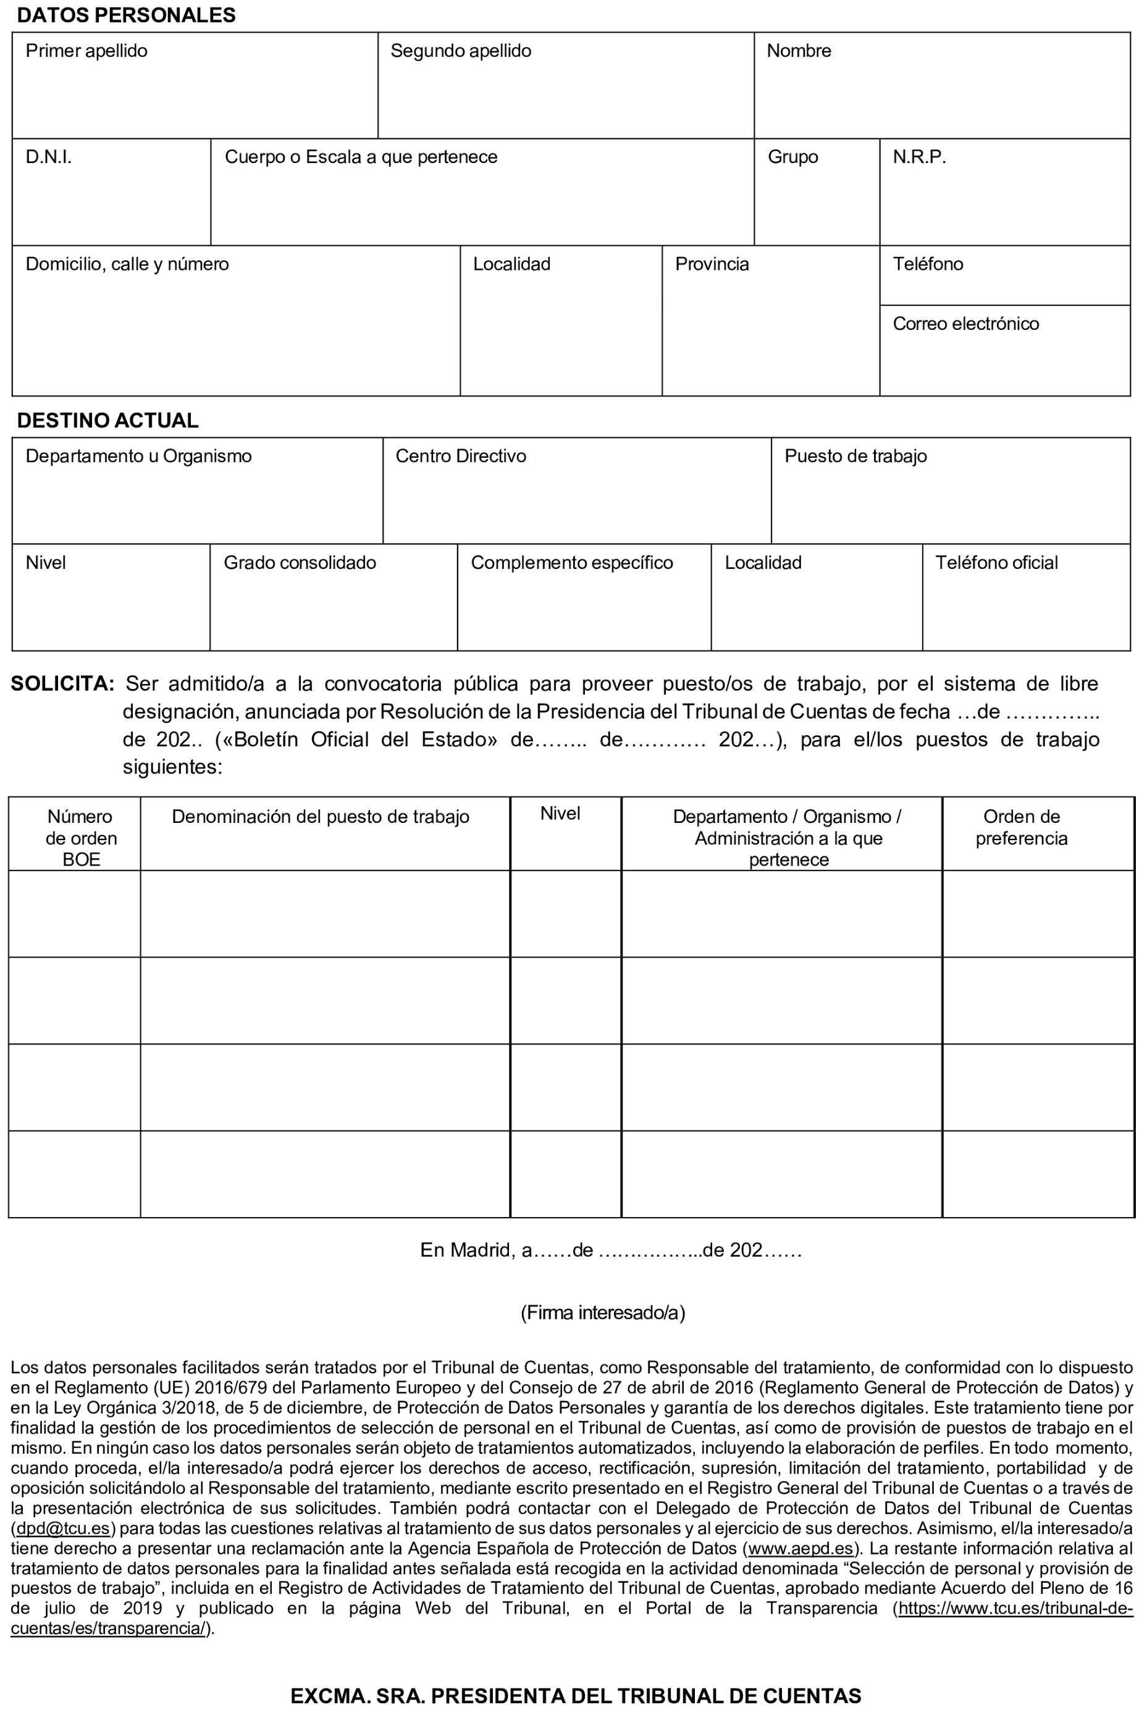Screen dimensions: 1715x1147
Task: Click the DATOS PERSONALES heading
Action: [126, 15]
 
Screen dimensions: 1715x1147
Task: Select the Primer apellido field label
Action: [86, 51]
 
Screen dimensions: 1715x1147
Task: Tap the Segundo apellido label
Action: [460, 51]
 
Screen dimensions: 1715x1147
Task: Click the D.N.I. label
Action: [48, 158]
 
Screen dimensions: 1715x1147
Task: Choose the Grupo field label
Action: [792, 158]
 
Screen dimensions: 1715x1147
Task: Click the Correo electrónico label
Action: [965, 324]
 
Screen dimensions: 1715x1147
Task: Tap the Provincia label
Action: [711, 264]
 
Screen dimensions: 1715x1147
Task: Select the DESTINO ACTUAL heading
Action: [107, 421]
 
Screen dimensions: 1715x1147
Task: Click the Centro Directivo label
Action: [460, 457]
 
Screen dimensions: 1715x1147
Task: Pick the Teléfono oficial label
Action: [996, 563]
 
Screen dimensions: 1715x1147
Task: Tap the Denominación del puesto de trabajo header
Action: [320, 817]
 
